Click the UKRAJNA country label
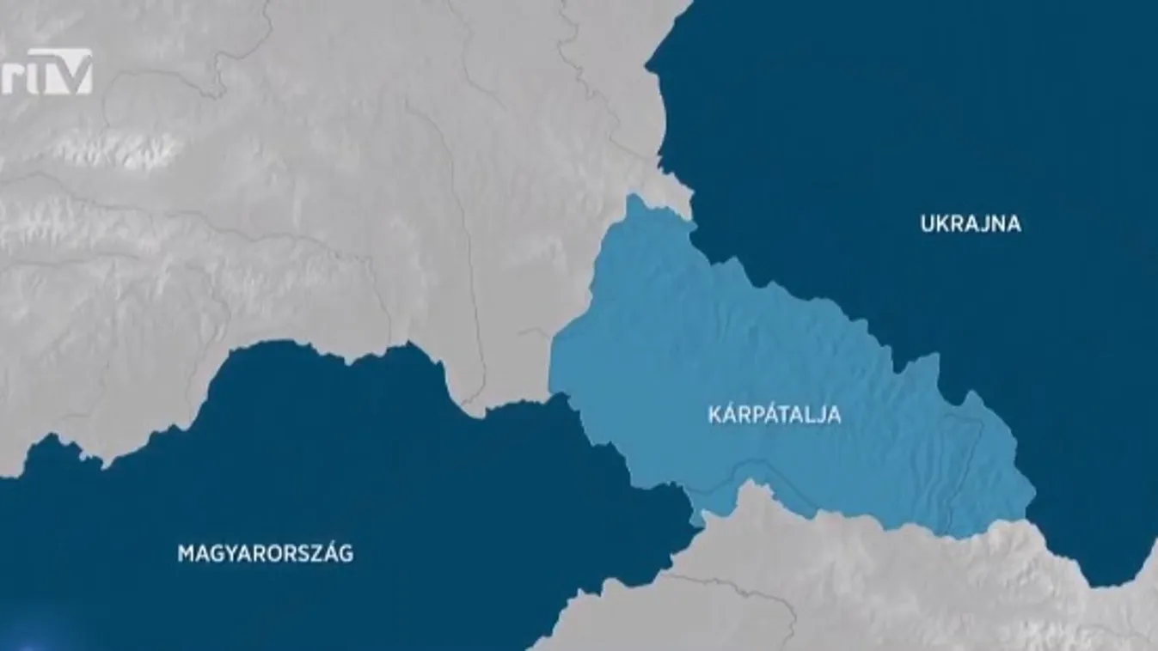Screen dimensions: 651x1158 tap(971, 224)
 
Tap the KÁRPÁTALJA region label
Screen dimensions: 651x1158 tap(773, 416)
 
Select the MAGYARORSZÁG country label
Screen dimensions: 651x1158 tap(265, 553)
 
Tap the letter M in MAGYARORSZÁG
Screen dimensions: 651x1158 tap(185, 553)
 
